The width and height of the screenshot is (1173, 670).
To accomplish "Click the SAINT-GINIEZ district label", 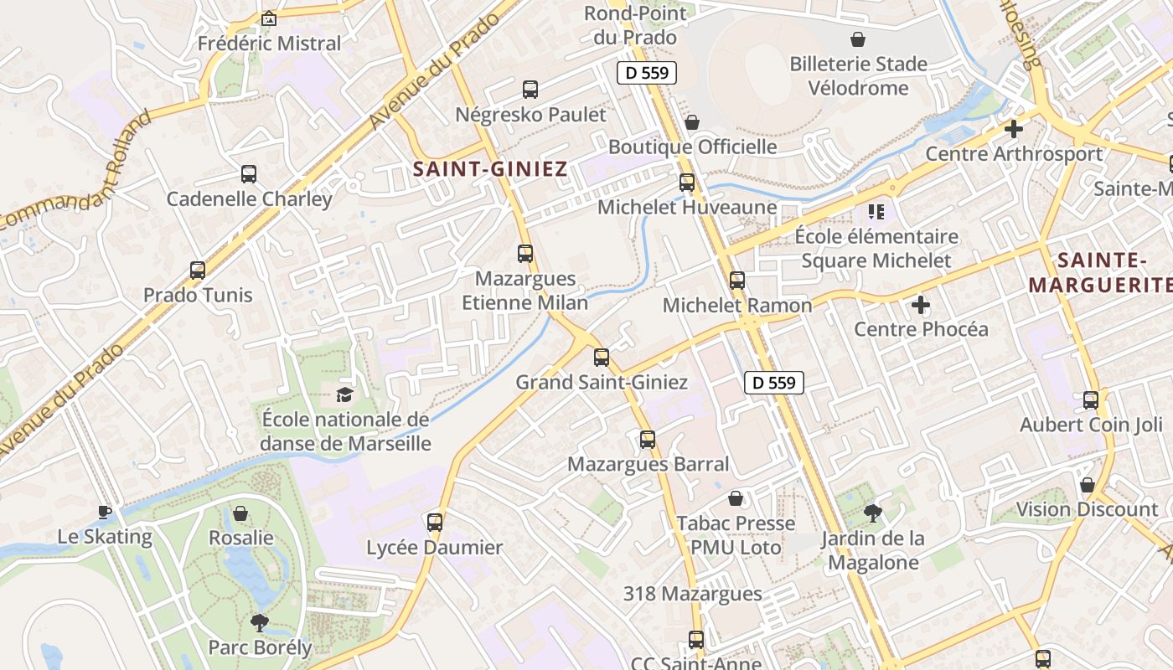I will click(x=489, y=169).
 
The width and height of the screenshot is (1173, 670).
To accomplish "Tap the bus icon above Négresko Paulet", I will click(x=530, y=90).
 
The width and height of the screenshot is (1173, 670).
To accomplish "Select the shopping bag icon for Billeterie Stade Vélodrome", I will click(x=858, y=39).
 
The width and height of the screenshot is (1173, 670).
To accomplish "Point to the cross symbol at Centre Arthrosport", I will click(x=1014, y=129).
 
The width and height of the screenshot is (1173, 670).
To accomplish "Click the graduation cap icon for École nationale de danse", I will click(x=344, y=394).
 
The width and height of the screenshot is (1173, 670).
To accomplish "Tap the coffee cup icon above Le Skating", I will click(x=104, y=512).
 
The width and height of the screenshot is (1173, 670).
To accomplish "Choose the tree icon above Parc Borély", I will click(x=260, y=622).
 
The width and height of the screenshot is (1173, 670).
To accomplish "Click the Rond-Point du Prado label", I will click(x=635, y=25).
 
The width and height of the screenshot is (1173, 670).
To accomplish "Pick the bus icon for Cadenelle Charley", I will click(x=249, y=174).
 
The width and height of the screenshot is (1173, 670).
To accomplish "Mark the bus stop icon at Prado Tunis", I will click(x=198, y=271).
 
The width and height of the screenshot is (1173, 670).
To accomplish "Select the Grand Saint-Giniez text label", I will click(x=601, y=383).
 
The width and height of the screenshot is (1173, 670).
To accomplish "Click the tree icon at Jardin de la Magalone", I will click(x=873, y=513).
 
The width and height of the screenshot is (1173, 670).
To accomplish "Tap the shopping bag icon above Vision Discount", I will click(x=1087, y=485).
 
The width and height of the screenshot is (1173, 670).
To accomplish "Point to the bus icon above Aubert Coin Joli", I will click(x=1091, y=400).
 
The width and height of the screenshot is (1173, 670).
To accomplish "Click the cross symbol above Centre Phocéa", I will click(x=921, y=304).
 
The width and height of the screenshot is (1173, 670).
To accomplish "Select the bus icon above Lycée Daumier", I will click(x=435, y=523).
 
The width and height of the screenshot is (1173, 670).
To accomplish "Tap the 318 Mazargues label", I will click(x=692, y=594).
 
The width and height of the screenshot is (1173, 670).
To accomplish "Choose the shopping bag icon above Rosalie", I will click(x=240, y=513).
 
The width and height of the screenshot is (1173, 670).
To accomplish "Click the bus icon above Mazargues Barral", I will click(x=648, y=440).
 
